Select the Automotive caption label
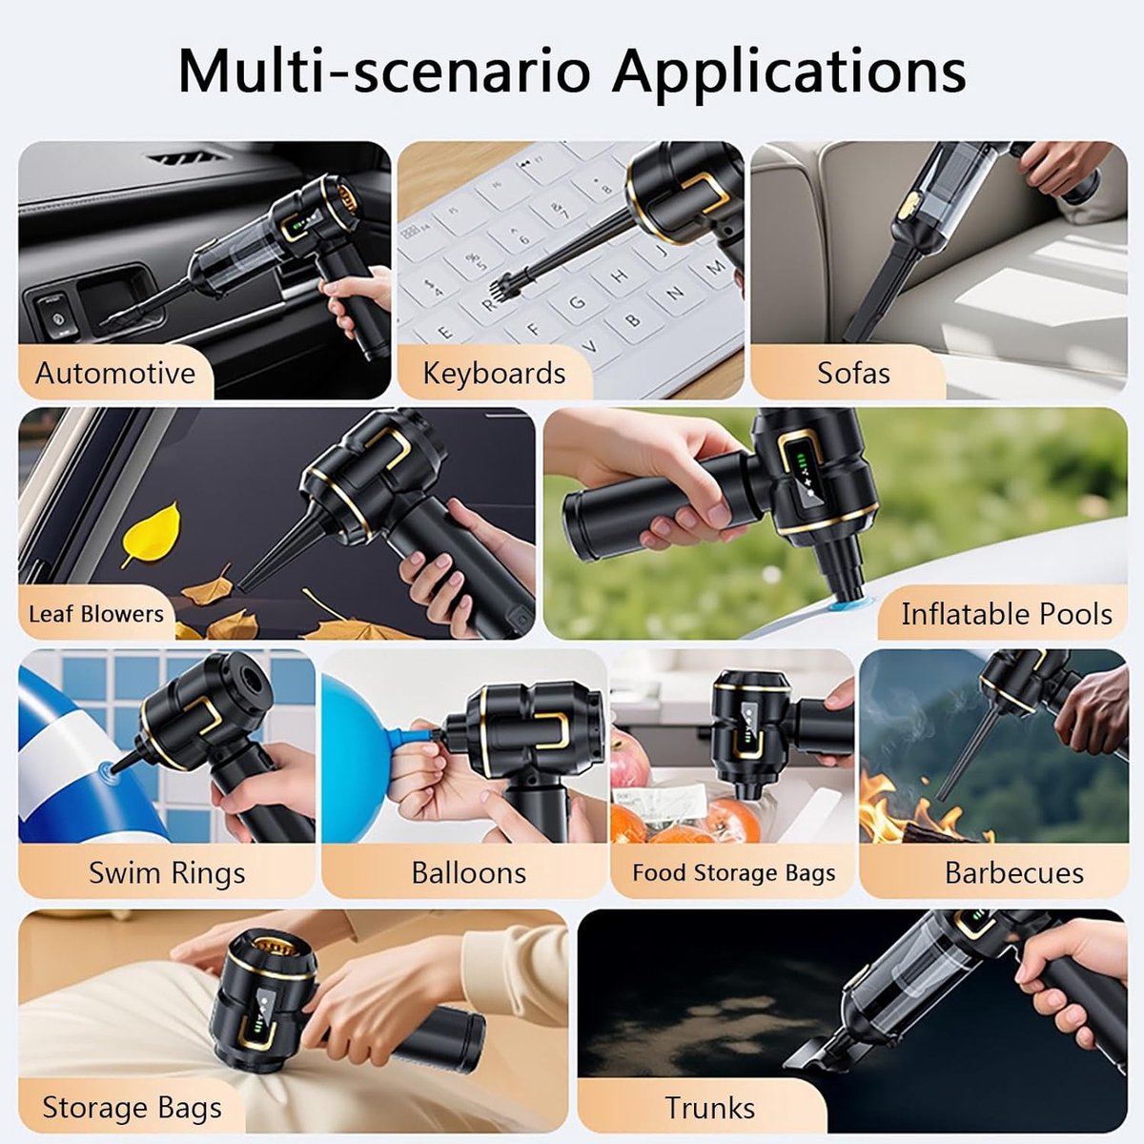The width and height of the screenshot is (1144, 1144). point(115,374)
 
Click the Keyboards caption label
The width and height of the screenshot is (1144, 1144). point(494,374)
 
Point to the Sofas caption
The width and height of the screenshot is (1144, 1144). point(853,374)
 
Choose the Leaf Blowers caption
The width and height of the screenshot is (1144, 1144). point(96,614)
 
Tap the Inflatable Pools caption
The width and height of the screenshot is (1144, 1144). point(1007,614)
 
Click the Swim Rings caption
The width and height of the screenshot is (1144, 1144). point(167,873)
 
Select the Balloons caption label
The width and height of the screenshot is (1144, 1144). point(469,873)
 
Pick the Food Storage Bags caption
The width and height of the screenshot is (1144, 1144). point(734,872)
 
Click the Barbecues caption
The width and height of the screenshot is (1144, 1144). point(1014,873)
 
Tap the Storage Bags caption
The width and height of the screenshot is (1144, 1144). point(132,1108)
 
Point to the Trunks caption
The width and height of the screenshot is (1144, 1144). point(710,1108)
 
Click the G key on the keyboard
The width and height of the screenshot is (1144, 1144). point(577,303)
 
